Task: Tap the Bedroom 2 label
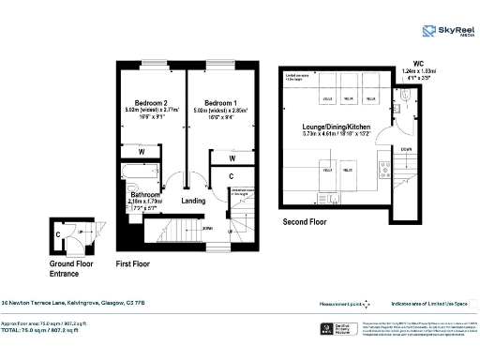151,102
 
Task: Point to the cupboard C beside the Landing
232,175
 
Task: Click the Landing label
193,201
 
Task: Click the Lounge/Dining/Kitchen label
335,127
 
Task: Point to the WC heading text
404,59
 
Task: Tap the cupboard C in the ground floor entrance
58,235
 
